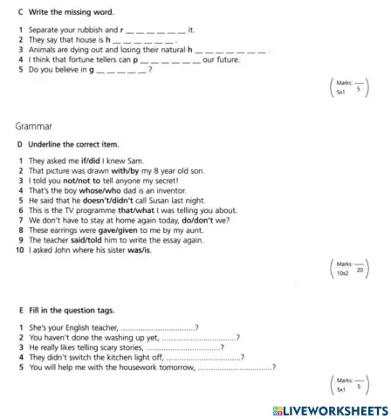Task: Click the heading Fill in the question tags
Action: (72, 310)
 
